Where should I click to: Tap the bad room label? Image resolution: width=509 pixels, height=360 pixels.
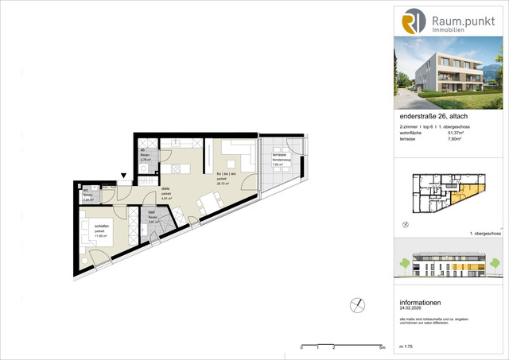pyautogui.click(x=151, y=213)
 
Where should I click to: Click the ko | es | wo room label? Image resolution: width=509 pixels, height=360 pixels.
pyautogui.click(x=227, y=175)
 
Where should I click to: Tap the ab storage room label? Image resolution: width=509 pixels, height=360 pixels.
pyautogui.click(x=142, y=151)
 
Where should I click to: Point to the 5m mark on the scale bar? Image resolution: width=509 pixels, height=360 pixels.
pyautogui.click(x=382, y=348)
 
